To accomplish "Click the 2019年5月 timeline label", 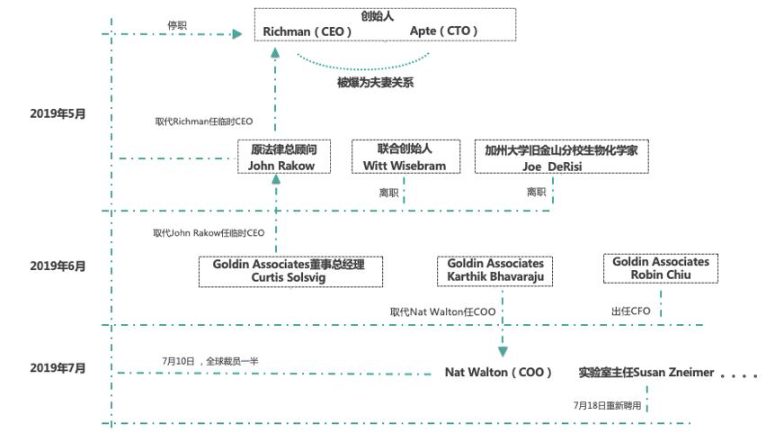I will point(57,113).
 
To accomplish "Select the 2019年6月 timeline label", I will point(57,266).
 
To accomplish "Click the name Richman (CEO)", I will point(307,32).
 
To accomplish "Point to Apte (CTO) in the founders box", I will point(443,32).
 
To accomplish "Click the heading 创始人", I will point(384,16).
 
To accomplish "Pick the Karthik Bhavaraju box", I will point(496,270).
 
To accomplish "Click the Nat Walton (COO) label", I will point(498,372).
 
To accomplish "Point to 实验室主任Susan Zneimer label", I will point(646,372).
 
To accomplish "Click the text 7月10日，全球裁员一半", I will point(210,361).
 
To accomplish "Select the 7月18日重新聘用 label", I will point(608,405).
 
